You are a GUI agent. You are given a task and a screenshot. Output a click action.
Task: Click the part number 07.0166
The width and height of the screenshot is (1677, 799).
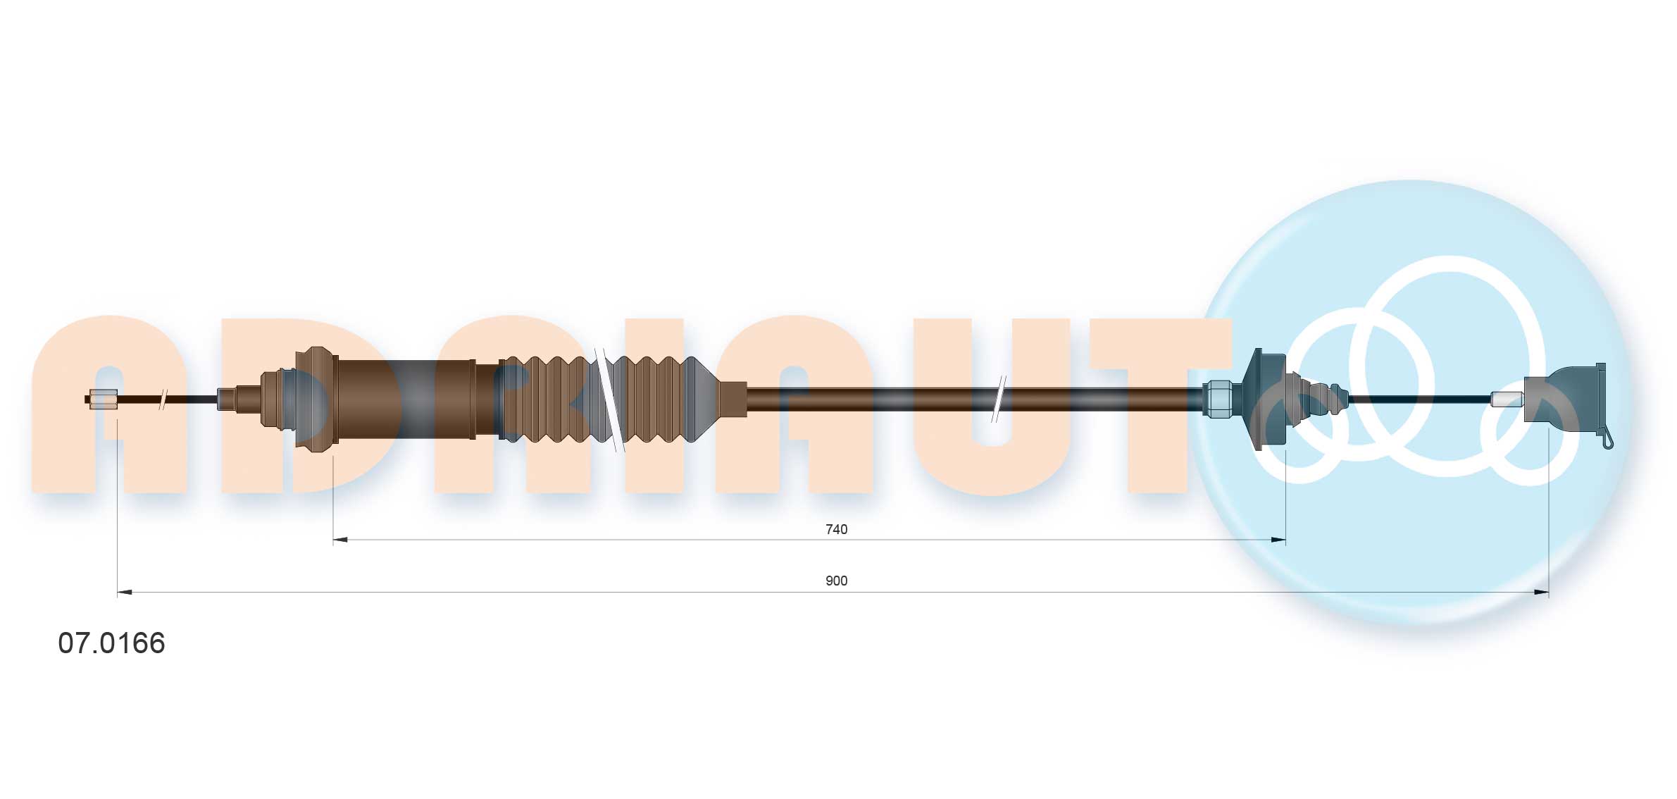pyautogui.click(x=111, y=643)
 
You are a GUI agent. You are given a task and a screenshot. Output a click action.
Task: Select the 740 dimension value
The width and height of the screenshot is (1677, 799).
pyautogui.click(x=836, y=529)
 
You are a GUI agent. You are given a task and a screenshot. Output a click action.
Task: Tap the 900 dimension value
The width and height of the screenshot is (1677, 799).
pyautogui.click(x=836, y=581)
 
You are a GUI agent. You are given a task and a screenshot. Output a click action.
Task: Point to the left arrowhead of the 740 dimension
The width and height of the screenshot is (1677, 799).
pyautogui.click(x=340, y=540)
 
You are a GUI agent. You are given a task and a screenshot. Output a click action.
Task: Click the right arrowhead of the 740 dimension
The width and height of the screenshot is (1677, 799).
pyautogui.click(x=1278, y=540)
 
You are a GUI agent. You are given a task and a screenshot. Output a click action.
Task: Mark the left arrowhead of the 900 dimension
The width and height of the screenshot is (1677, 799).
pyautogui.click(x=125, y=593)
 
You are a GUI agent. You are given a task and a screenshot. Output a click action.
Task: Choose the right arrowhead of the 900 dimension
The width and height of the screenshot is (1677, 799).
pyautogui.click(x=1541, y=593)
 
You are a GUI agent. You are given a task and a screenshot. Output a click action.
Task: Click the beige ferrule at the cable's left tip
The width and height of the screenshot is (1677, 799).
pyautogui.click(x=104, y=399)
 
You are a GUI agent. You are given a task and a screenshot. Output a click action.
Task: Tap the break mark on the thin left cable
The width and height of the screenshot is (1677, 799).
pyautogui.click(x=163, y=399)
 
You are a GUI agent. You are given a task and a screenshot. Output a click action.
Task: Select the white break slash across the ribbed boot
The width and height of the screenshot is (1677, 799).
pyautogui.click(x=610, y=399)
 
